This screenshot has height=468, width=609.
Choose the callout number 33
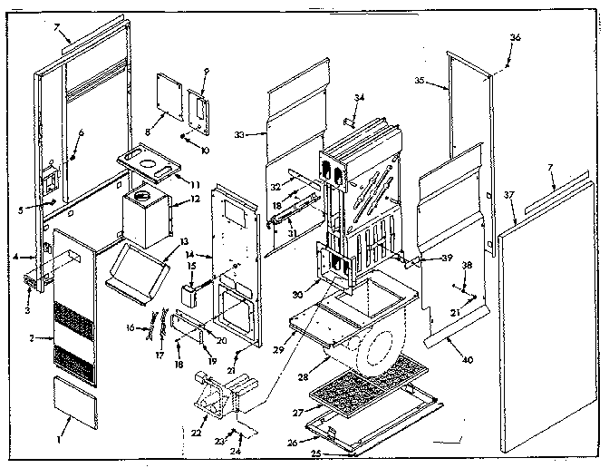238,133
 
